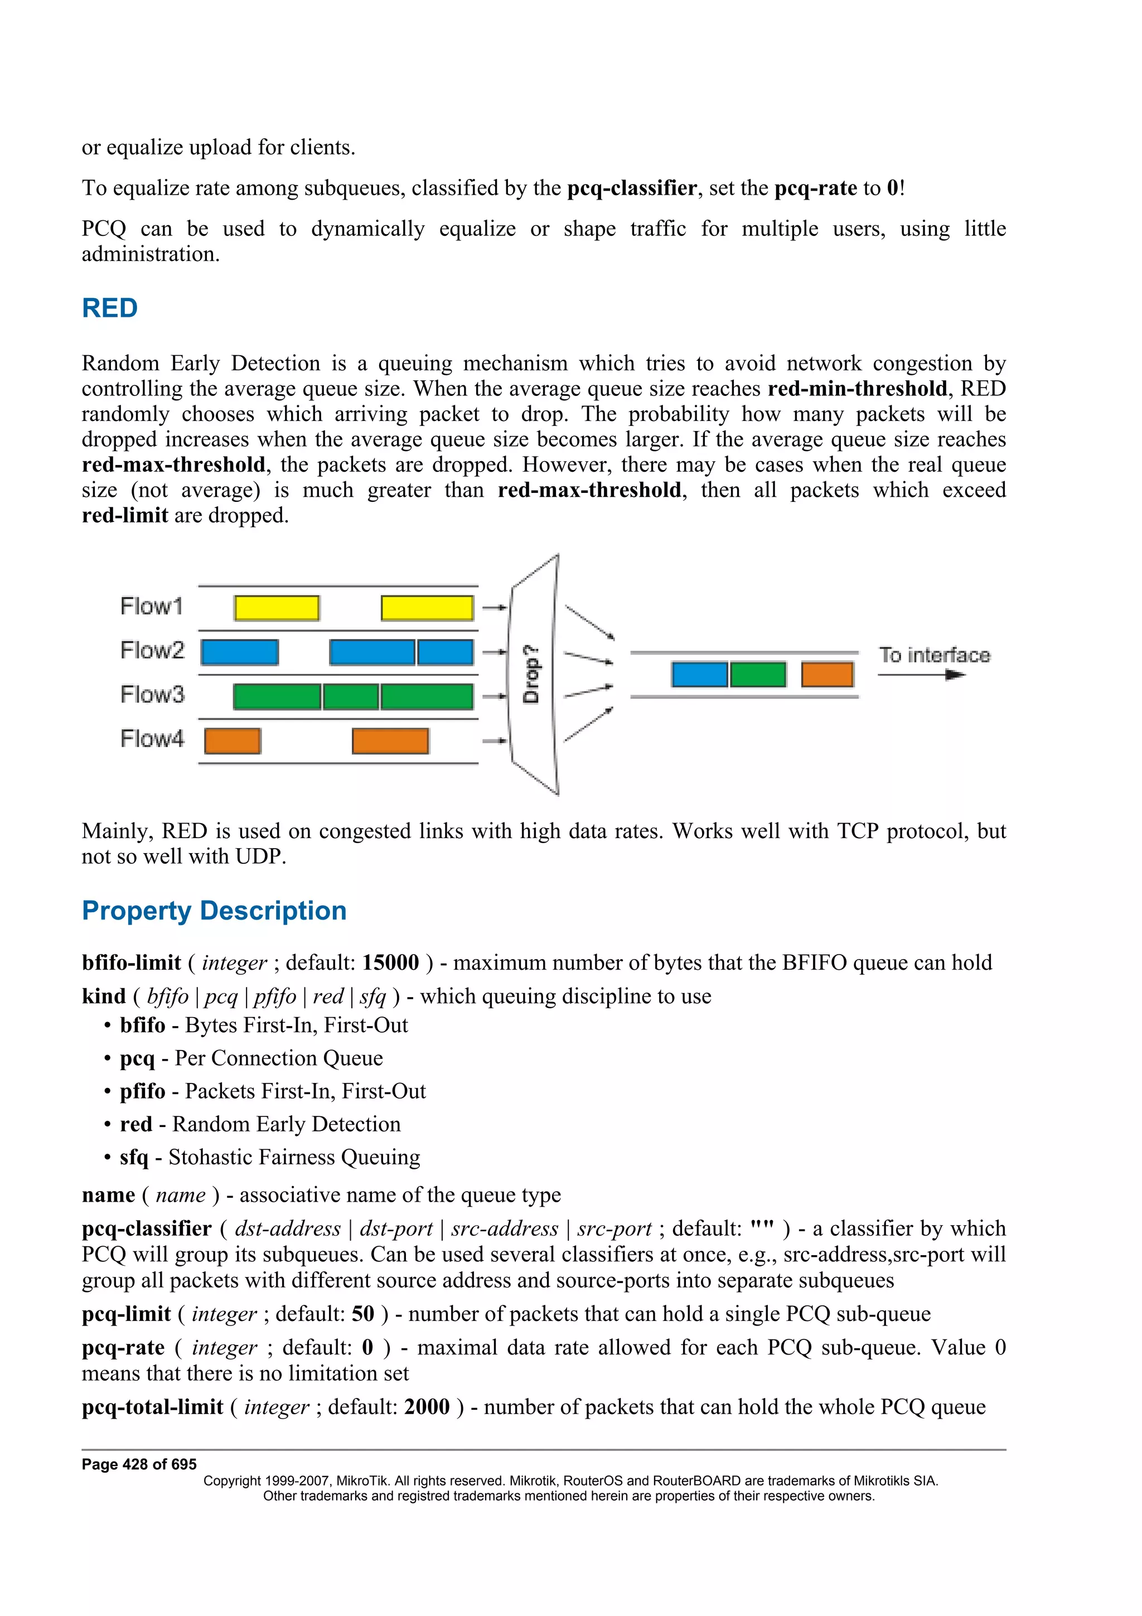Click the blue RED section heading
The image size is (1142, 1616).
(x=109, y=308)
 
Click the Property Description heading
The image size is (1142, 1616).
(x=214, y=911)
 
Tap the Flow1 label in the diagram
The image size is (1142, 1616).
(x=151, y=606)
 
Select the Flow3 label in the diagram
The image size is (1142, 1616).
(x=152, y=695)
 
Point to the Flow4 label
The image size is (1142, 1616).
(x=152, y=739)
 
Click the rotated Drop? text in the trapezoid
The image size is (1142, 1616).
(x=532, y=674)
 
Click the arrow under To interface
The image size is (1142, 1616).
(x=922, y=675)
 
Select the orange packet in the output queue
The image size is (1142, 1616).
(x=827, y=674)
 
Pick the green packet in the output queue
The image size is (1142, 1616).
(x=758, y=674)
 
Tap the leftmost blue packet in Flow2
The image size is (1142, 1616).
(x=239, y=652)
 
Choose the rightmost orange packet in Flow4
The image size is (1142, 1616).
(x=390, y=741)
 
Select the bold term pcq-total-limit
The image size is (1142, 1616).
(x=152, y=1407)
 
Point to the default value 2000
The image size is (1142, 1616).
(x=427, y=1407)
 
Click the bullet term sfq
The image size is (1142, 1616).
(x=134, y=1158)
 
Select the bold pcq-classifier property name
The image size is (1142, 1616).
(x=146, y=1229)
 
